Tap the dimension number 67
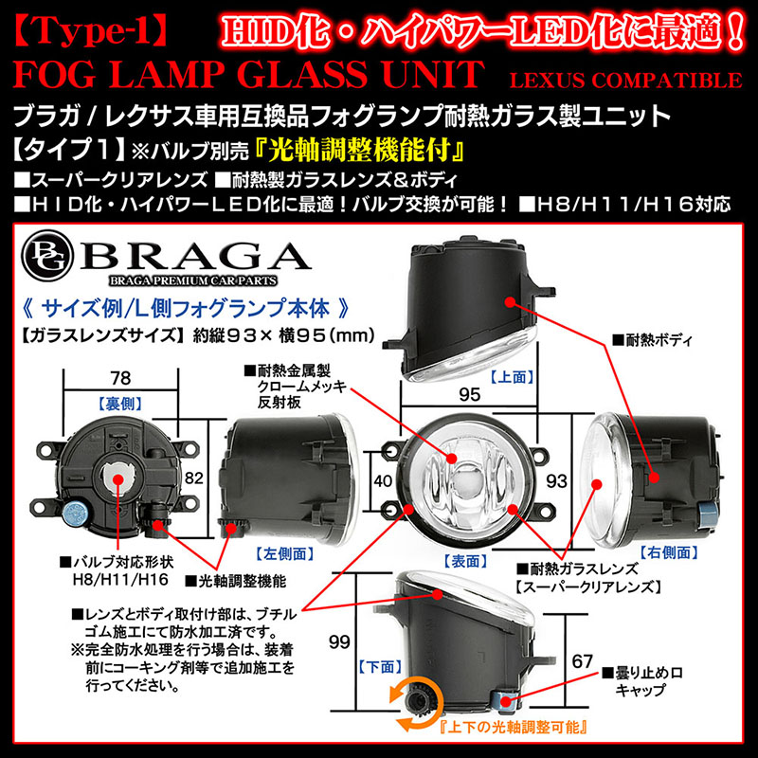(584, 660)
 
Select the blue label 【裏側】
(120, 402)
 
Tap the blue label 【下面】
(376, 667)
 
